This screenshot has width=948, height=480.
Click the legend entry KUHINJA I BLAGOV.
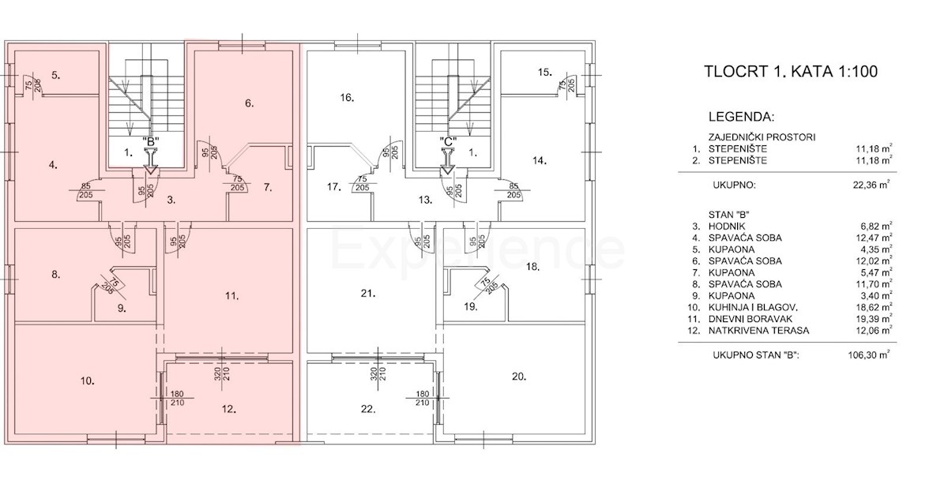pos(735,308)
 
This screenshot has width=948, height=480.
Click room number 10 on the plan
pos(88,381)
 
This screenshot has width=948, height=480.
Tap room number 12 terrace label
pos(228,410)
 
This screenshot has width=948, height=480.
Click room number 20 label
pos(518,377)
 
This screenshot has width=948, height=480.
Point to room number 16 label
pos(346,99)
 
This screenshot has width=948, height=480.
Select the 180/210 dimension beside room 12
pos(176,399)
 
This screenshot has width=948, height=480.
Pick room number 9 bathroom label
pos(122,309)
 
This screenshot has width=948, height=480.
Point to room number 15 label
pos(544,73)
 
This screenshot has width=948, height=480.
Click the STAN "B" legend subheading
pos(706,213)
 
